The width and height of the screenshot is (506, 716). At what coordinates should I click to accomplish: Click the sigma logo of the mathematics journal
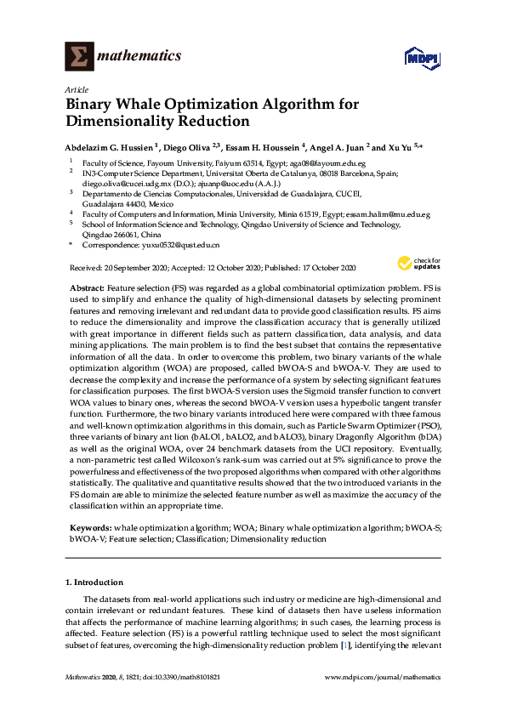click(x=79, y=56)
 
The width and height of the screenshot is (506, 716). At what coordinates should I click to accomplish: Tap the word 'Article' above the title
click(x=75, y=89)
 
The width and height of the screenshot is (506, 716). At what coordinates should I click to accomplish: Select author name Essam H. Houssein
click(x=262, y=146)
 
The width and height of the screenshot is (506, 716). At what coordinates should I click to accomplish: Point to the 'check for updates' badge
click(x=419, y=264)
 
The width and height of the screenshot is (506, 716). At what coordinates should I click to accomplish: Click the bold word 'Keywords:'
click(x=88, y=527)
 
